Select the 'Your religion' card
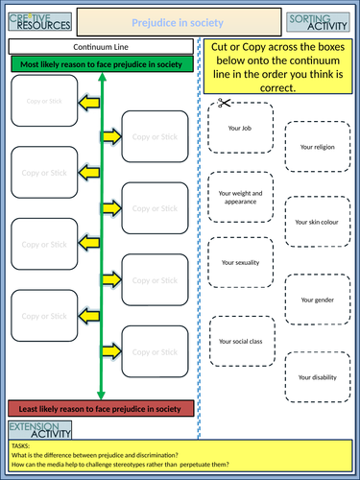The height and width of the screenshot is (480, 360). (318, 147)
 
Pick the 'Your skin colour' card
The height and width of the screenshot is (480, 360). (318, 223)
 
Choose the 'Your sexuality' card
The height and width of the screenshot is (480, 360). (239, 262)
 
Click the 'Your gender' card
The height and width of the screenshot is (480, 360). (318, 300)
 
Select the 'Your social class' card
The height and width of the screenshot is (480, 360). (239, 341)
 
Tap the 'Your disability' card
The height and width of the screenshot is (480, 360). (318, 377)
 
